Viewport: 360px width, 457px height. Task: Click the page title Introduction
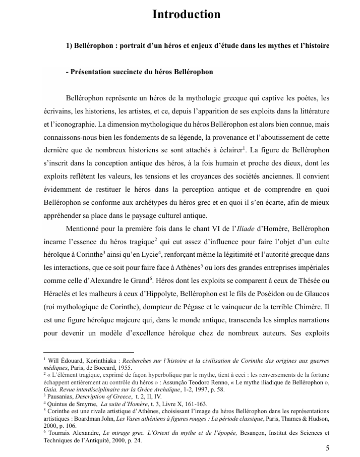pos(186,15)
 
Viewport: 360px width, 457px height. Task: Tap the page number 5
pos(328,448)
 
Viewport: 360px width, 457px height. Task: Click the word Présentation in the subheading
pos(91,72)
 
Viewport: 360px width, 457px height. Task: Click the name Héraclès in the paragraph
pos(54,293)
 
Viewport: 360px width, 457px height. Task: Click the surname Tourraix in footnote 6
pos(61,433)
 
